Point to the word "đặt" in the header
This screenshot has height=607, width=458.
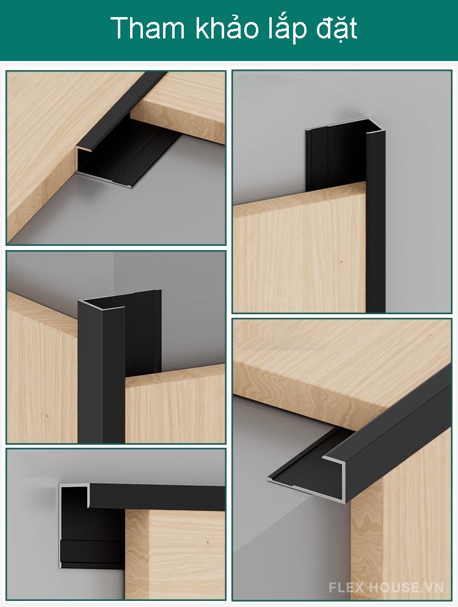(336, 29)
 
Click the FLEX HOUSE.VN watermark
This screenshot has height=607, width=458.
(386, 587)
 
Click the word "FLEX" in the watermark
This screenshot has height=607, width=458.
(346, 587)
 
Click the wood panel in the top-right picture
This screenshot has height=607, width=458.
(300, 251)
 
